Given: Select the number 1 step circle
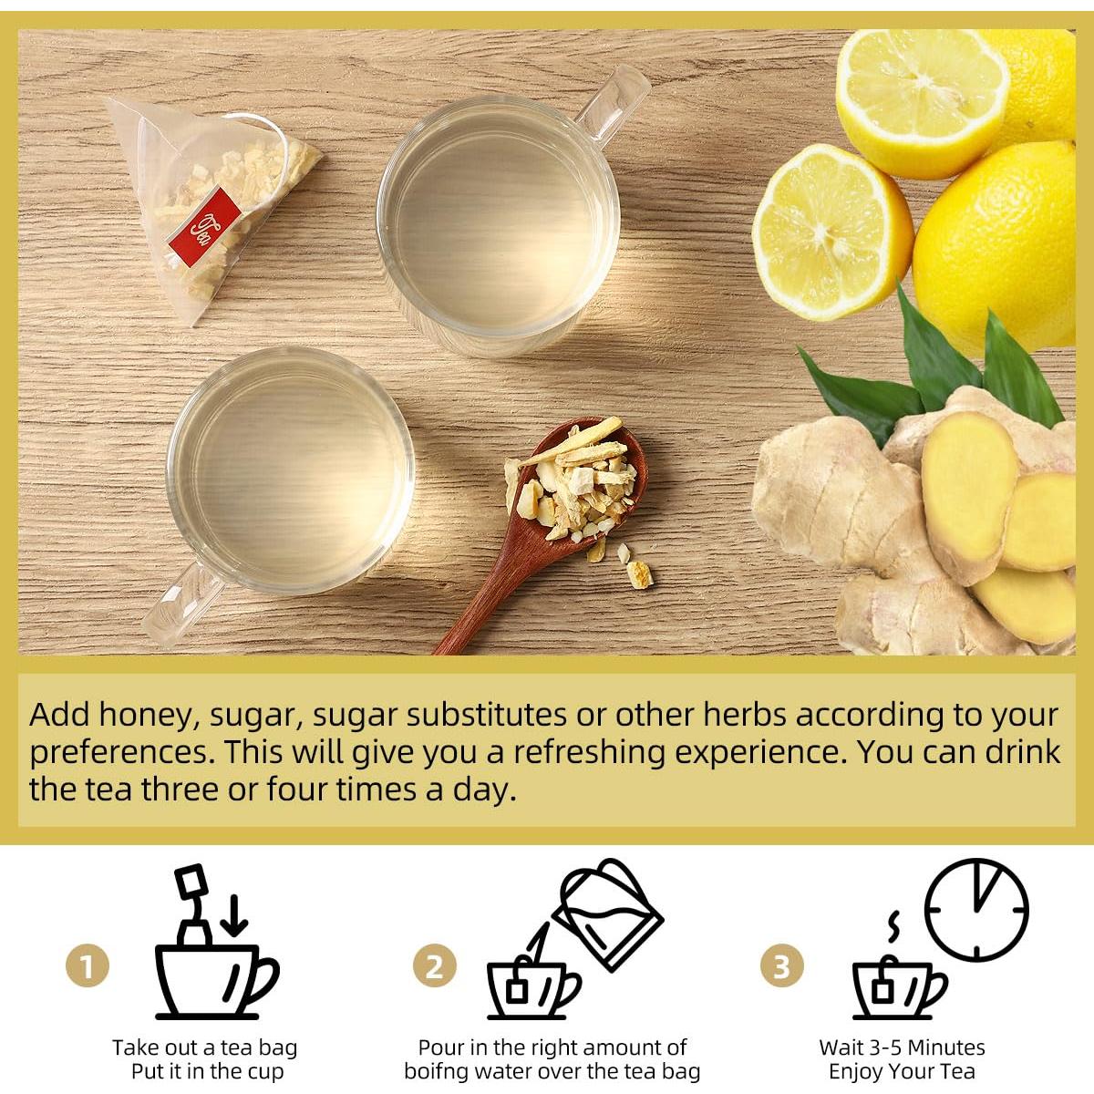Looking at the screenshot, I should (88, 966).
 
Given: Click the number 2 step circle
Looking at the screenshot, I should (435, 966).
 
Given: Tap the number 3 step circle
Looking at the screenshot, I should (781, 966).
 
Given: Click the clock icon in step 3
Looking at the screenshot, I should (976, 909).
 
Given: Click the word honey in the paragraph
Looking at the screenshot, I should (147, 715).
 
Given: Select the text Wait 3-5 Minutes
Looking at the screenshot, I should (902, 1048).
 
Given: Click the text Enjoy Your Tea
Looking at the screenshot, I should (902, 1071).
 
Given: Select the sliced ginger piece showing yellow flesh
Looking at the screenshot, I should (968, 492).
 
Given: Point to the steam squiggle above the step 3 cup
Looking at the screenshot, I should (895, 925).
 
